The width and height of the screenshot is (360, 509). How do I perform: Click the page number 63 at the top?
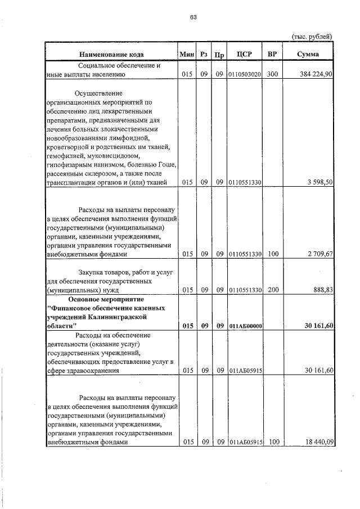click(x=193, y=17)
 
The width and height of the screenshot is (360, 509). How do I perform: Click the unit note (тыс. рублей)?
click(x=312, y=36)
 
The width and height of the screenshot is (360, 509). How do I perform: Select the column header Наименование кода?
click(x=111, y=55)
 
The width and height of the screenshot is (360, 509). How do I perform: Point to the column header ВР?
click(x=272, y=54)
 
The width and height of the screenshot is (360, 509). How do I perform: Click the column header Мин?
click(x=187, y=55)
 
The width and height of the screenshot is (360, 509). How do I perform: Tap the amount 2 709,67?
click(x=320, y=254)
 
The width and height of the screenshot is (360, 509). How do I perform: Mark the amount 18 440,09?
click(x=318, y=443)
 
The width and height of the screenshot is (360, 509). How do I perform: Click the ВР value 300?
click(x=273, y=74)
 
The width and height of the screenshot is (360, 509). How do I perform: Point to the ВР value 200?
click(x=273, y=290)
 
